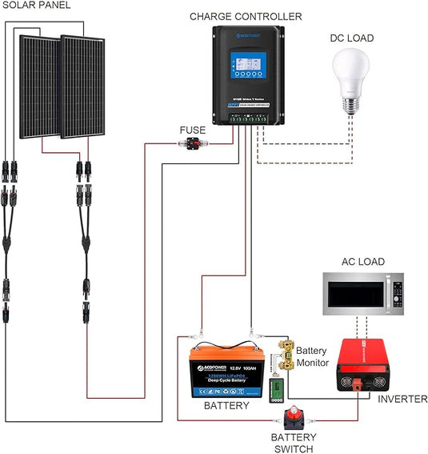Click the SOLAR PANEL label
(x=35, y=6)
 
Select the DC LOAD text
(x=351, y=38)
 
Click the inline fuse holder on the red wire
(x=192, y=145)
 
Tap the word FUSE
(x=192, y=130)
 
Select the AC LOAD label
(x=362, y=262)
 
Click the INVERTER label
(x=402, y=398)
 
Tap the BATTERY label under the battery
(x=226, y=406)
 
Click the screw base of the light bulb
(x=352, y=106)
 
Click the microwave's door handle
(x=388, y=295)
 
